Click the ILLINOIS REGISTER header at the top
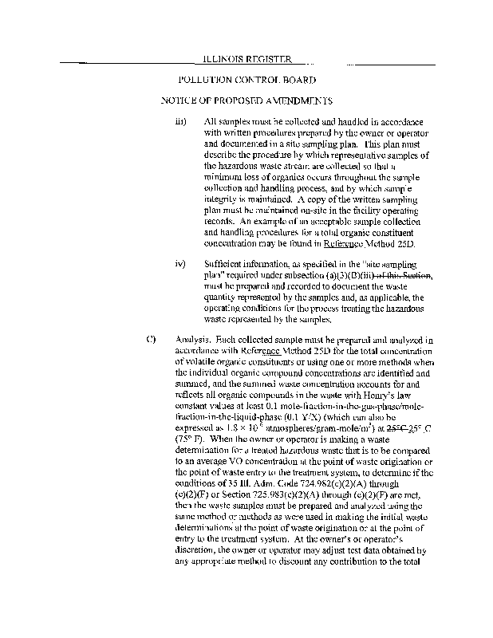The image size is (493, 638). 247,59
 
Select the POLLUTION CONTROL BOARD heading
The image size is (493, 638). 247,80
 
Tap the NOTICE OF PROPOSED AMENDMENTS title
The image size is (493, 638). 246,101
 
